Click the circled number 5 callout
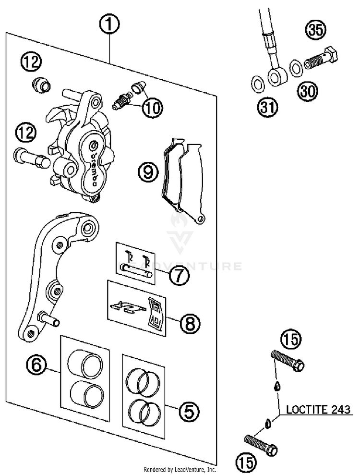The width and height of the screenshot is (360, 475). tap(187, 411)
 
